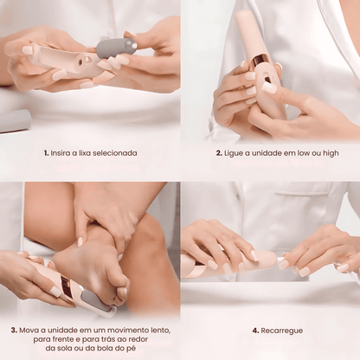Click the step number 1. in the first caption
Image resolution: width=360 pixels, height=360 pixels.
point(46,153)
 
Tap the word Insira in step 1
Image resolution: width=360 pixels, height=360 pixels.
point(61,153)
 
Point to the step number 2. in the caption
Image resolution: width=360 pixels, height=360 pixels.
point(220,153)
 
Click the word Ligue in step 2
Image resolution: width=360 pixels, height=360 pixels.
point(235,153)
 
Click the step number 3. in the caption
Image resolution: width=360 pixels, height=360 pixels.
point(15,330)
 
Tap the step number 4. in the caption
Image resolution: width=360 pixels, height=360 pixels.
point(255,330)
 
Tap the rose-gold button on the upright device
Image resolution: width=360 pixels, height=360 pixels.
point(260,61)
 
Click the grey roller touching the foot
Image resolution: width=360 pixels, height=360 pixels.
point(101,305)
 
